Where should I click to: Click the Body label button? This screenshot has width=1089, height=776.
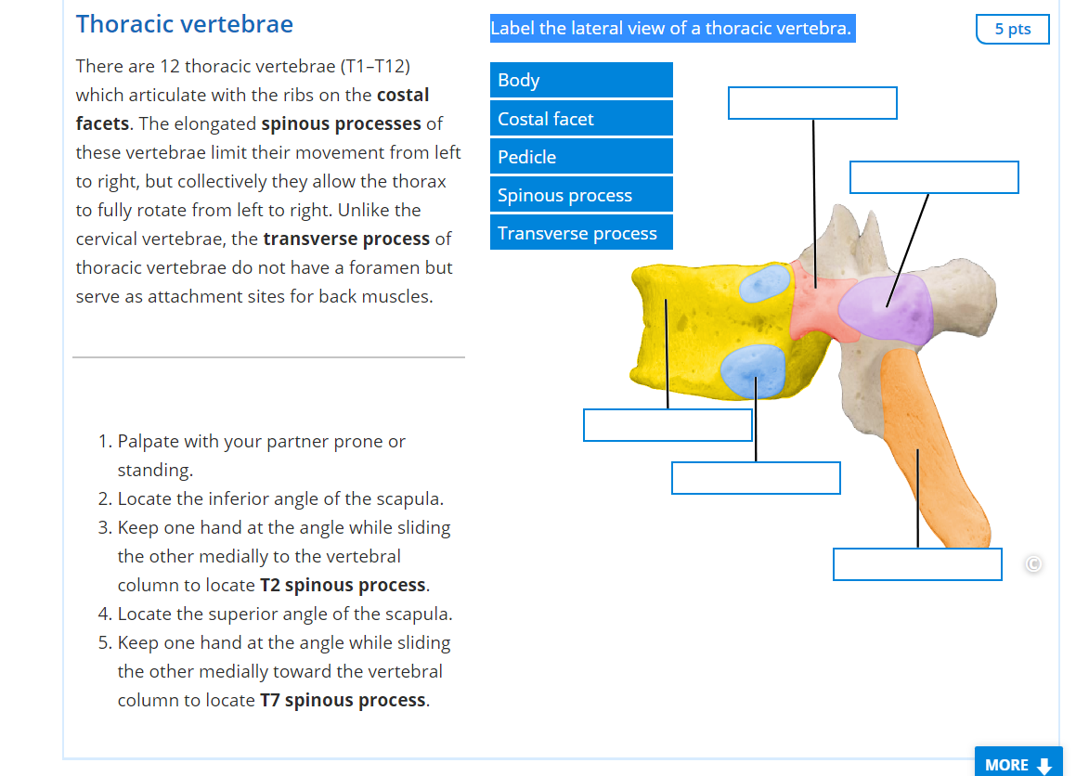(x=581, y=80)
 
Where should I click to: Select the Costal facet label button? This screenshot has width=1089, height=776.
(x=581, y=119)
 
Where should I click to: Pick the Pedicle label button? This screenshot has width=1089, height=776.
(x=581, y=157)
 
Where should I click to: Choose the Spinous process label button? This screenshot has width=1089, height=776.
(x=581, y=195)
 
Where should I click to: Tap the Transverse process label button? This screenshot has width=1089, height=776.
(x=581, y=233)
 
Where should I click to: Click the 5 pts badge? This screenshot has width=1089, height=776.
(x=1012, y=29)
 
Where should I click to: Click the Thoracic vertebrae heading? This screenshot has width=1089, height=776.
(x=185, y=24)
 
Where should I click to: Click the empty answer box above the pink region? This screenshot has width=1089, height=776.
(x=812, y=103)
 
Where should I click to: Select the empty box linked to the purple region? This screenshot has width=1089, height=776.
(x=934, y=177)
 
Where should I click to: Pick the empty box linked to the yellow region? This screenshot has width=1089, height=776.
(x=668, y=424)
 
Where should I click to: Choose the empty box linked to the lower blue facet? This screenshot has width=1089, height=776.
(x=756, y=478)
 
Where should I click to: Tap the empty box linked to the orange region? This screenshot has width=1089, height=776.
(x=917, y=564)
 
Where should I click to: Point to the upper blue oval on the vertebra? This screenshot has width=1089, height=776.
(x=765, y=284)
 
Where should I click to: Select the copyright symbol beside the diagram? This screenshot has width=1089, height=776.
(x=1032, y=563)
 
